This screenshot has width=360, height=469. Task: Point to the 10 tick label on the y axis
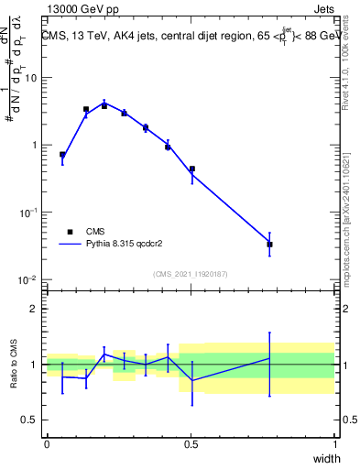[31, 79]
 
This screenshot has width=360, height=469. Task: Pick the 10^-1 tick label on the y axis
[29, 213]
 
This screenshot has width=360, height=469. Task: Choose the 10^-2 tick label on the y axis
[29, 279]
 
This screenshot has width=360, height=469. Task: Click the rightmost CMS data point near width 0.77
[269, 245]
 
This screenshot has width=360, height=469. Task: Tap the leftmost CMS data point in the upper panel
[62, 155]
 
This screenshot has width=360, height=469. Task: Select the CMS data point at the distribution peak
[104, 106]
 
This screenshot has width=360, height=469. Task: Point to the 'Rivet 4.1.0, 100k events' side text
[350, 64]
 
